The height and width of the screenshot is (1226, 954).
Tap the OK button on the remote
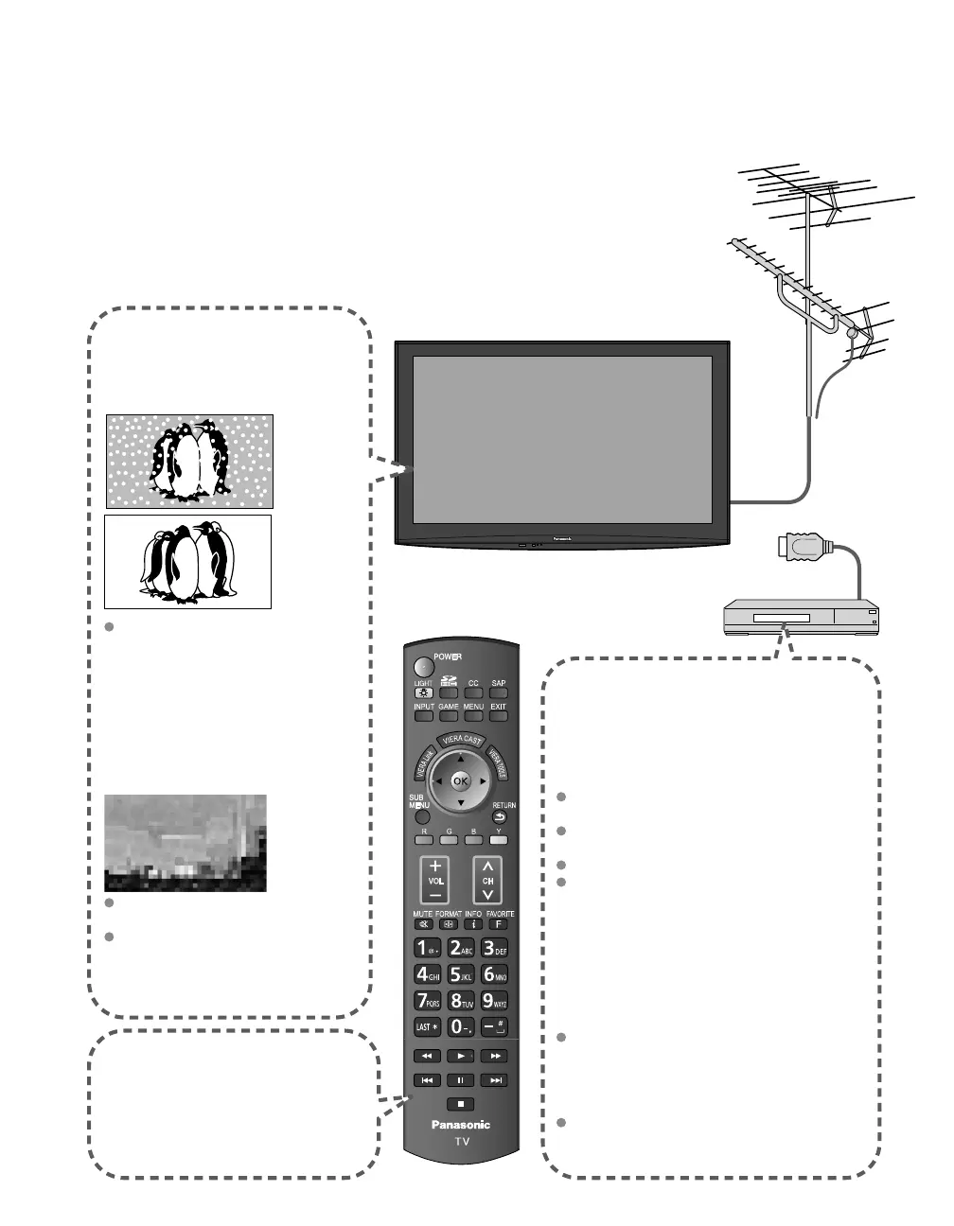click(x=460, y=781)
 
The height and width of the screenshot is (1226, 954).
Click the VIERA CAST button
click(x=461, y=741)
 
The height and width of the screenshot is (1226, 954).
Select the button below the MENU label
click(x=473, y=716)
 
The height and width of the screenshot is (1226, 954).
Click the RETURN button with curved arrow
click(x=499, y=817)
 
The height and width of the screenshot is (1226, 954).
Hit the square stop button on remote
click(x=461, y=1103)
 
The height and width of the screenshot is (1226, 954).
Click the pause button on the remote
click(x=461, y=1079)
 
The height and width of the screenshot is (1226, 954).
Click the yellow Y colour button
click(x=499, y=839)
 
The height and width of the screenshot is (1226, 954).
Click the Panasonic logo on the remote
click(x=461, y=1125)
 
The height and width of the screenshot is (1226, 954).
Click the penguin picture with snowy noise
click(x=189, y=461)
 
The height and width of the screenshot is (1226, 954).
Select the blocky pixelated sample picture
click(x=185, y=842)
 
